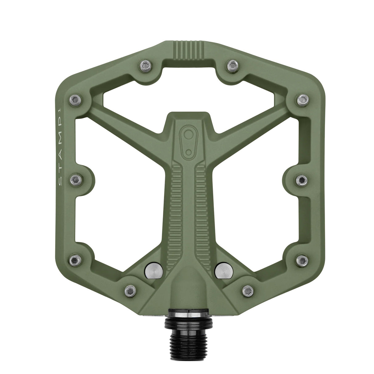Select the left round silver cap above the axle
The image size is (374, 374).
(x=152, y=270)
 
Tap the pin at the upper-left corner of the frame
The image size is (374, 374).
(x=75, y=99)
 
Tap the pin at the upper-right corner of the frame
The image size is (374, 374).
(x=301, y=99)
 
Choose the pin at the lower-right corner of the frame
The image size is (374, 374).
(x=302, y=261)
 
